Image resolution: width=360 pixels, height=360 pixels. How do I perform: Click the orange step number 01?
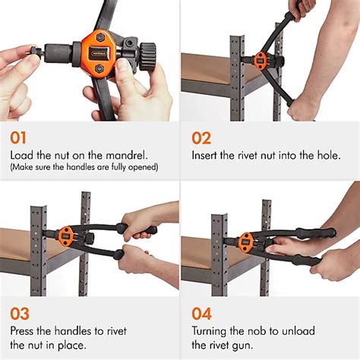coord(21,138)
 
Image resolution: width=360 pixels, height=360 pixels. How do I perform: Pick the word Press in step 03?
coord(24,330)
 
